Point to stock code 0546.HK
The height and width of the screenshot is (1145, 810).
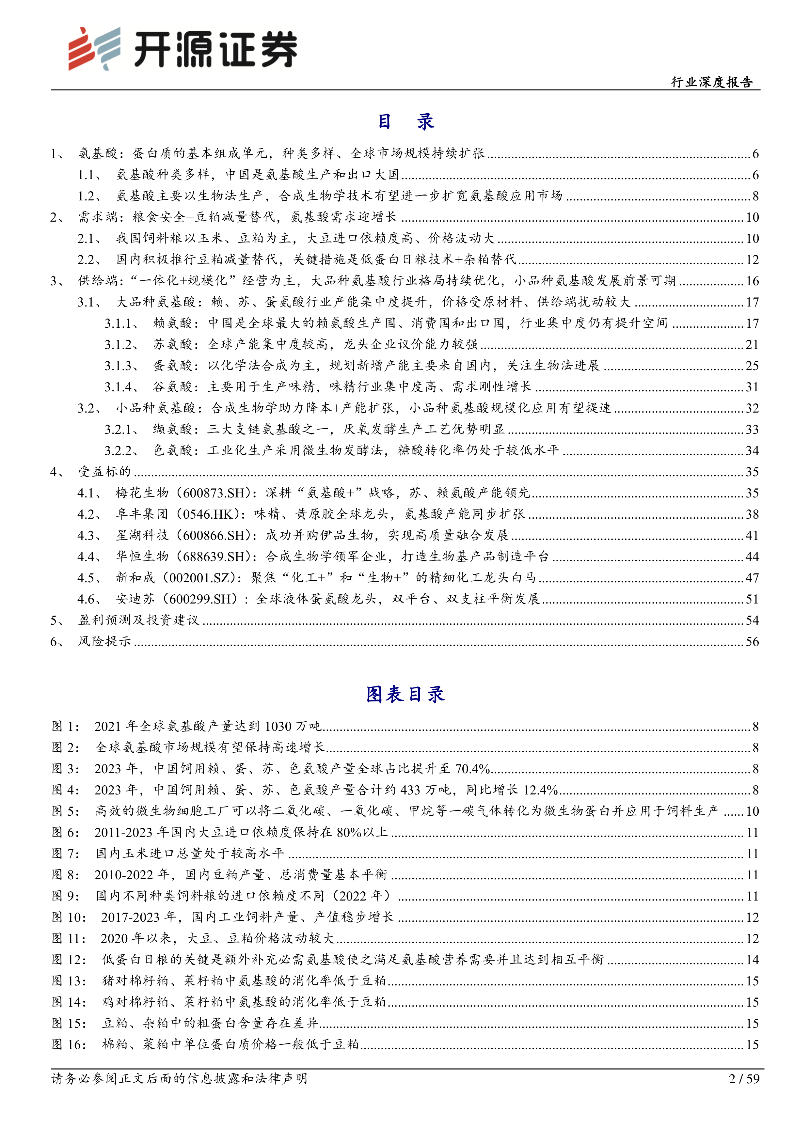click(211, 514)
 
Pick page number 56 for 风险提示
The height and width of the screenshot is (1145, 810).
click(752, 642)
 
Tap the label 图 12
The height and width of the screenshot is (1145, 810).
click(69, 960)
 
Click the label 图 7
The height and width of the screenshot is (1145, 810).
click(65, 853)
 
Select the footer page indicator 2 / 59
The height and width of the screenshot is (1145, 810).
click(744, 1079)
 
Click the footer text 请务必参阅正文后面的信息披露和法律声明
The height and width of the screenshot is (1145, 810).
click(180, 1079)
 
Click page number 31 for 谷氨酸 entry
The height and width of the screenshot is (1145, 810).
click(752, 387)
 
